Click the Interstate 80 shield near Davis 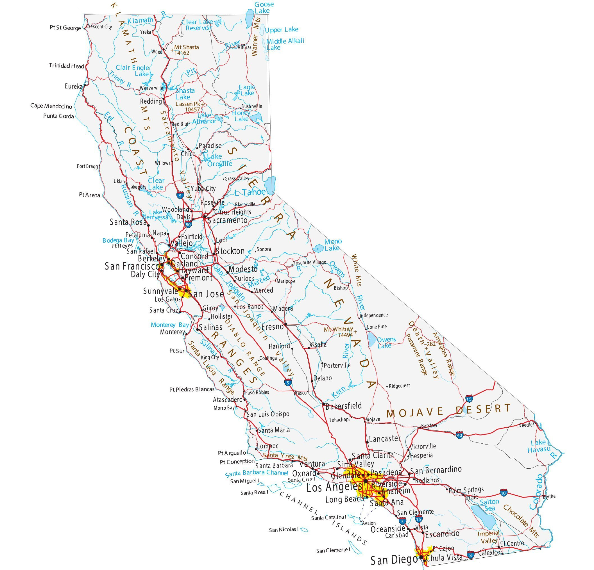coord(188,225)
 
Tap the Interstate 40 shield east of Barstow coord(459,436)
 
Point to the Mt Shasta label coord(186,47)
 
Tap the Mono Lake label coord(333,245)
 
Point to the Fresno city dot coord(285,324)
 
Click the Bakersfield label coord(343,406)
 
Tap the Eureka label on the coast coord(73,86)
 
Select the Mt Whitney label coord(338,329)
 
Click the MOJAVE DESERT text coord(448,411)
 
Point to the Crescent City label coord(99,27)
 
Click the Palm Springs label coord(466,490)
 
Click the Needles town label coord(526,425)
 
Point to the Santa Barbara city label coord(274,465)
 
